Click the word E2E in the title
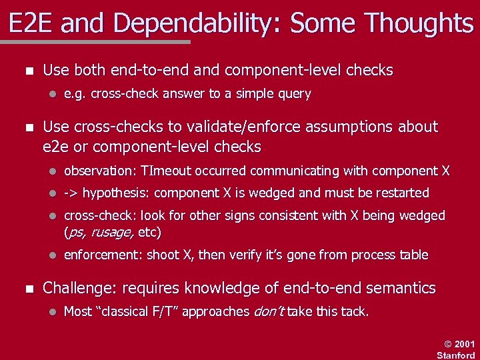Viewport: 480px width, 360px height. click(33, 24)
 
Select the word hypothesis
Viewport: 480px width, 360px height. click(115, 193)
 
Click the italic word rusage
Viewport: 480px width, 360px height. click(112, 233)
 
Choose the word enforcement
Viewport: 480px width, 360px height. click(103, 255)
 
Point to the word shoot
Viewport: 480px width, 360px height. click(163, 255)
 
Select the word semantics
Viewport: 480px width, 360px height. click(398, 289)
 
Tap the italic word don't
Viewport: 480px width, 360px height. click(269, 311)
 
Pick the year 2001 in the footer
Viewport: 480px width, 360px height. click(465, 344)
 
